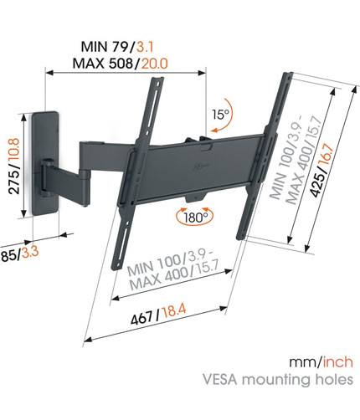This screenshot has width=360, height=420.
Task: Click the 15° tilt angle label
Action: pos(220,114)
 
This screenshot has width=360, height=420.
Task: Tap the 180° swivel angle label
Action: pos(195,218)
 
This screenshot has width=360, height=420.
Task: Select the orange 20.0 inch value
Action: pos(155,64)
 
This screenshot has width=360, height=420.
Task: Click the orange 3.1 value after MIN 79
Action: pos(145,46)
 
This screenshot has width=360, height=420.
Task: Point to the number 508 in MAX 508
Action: pos(121,64)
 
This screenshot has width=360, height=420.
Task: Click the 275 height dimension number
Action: pos(14,182)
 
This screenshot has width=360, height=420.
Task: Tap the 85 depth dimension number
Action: pos(8,256)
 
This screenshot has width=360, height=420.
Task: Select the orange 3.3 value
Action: pos(30,253)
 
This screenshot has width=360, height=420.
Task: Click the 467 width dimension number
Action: pos(141,318)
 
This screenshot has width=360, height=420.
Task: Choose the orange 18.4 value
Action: pos(173,310)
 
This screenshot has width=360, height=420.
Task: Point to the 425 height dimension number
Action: pos(318,183)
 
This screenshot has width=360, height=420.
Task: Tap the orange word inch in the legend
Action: pos(338,362)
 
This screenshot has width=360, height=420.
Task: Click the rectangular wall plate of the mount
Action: pos(44,163)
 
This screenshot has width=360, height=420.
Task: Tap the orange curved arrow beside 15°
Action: pos(224,115)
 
